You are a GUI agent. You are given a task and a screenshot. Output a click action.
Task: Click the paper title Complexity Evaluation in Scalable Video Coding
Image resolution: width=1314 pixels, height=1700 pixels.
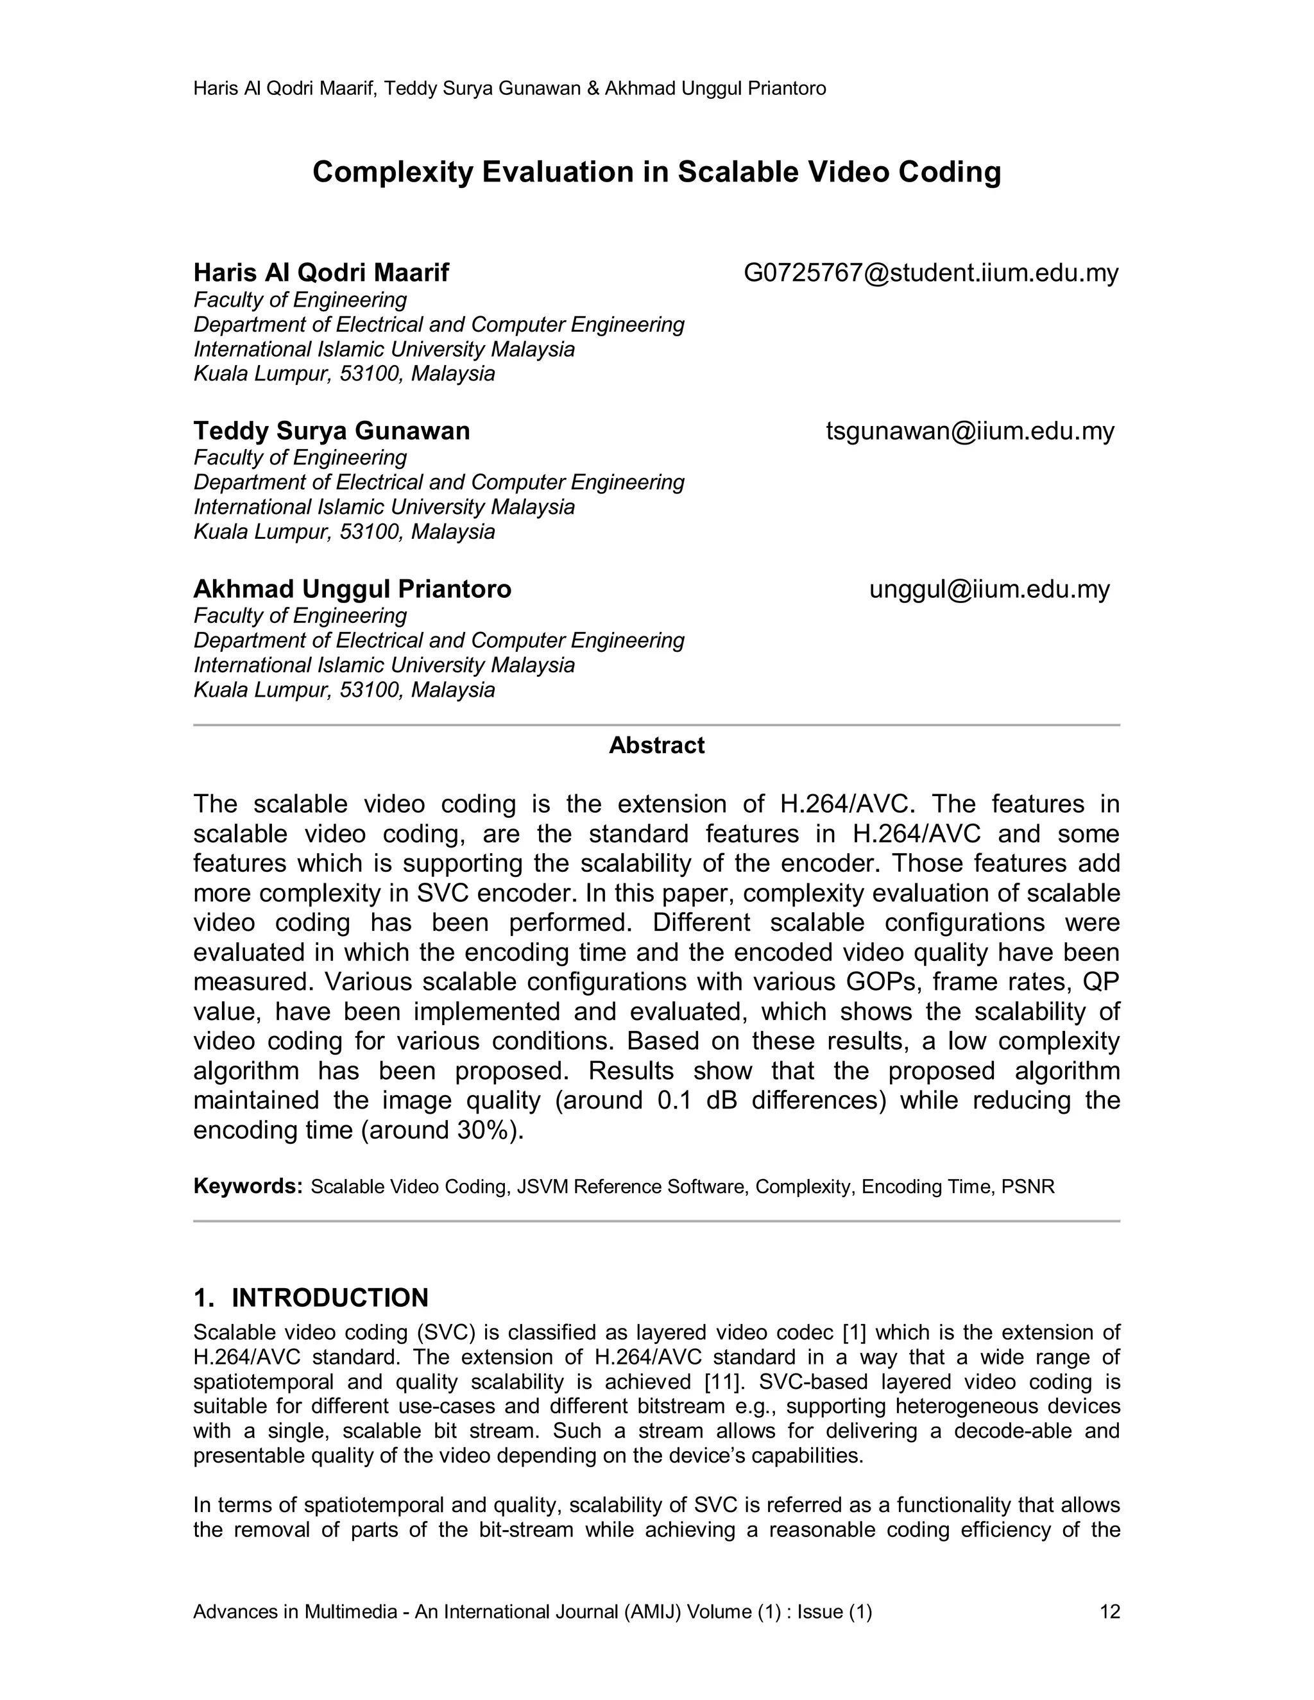tap(656, 172)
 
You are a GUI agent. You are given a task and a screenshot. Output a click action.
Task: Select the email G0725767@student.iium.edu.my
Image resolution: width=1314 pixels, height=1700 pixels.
tap(931, 273)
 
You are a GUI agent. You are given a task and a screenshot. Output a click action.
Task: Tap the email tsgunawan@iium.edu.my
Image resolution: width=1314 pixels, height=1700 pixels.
tap(970, 430)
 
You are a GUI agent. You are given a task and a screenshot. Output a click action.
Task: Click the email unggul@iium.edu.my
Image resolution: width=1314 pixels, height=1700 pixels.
tap(989, 590)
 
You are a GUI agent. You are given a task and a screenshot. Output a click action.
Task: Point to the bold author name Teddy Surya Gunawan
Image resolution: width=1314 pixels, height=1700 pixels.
tap(332, 430)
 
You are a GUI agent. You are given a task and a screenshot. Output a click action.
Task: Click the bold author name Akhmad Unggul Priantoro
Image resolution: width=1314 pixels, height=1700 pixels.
tap(352, 590)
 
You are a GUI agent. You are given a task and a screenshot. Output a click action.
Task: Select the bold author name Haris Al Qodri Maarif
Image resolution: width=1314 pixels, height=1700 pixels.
tap(321, 273)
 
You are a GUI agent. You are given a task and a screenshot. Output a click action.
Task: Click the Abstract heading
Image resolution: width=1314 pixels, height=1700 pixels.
tap(656, 745)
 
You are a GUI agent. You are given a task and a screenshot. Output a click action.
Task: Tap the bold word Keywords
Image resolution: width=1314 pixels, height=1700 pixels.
tap(248, 1186)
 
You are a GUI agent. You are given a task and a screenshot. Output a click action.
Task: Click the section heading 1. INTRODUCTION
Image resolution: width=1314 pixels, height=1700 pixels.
tap(311, 1298)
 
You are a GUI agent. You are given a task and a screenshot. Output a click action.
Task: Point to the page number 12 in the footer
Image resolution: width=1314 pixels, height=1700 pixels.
tap(1109, 1611)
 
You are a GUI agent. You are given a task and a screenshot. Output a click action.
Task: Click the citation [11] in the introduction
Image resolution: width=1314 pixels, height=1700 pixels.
tap(723, 1382)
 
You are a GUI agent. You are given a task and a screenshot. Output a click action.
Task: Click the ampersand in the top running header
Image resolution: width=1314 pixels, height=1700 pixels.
tap(593, 89)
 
